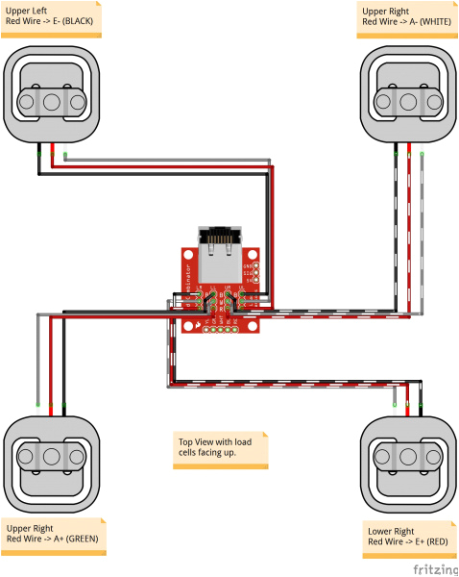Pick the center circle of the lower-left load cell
[x=49, y=458]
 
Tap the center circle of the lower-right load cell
[x=409, y=458]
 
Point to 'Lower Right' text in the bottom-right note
[x=391, y=531]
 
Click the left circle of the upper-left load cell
[x=28, y=99]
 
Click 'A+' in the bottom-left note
[x=57, y=539]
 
